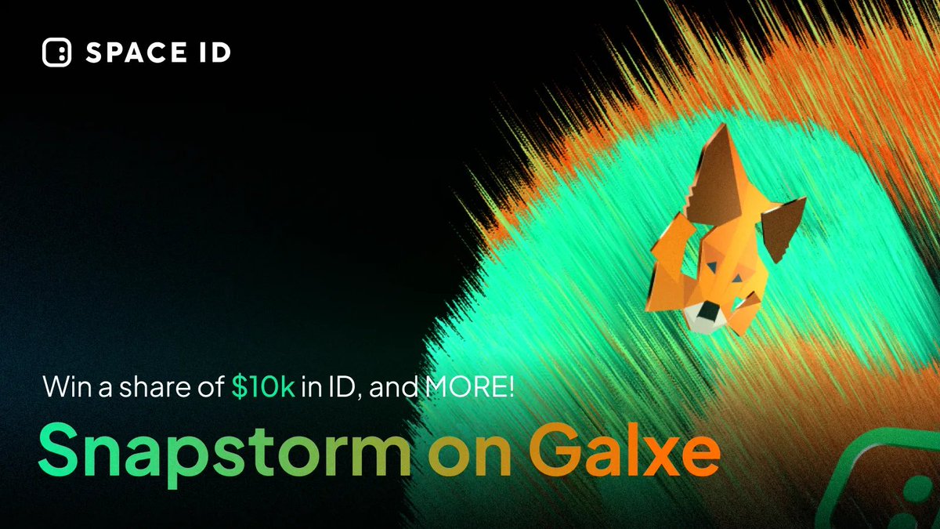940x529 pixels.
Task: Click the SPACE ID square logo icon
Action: (57, 53)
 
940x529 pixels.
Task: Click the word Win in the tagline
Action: (63, 388)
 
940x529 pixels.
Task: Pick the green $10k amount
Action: (264, 388)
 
